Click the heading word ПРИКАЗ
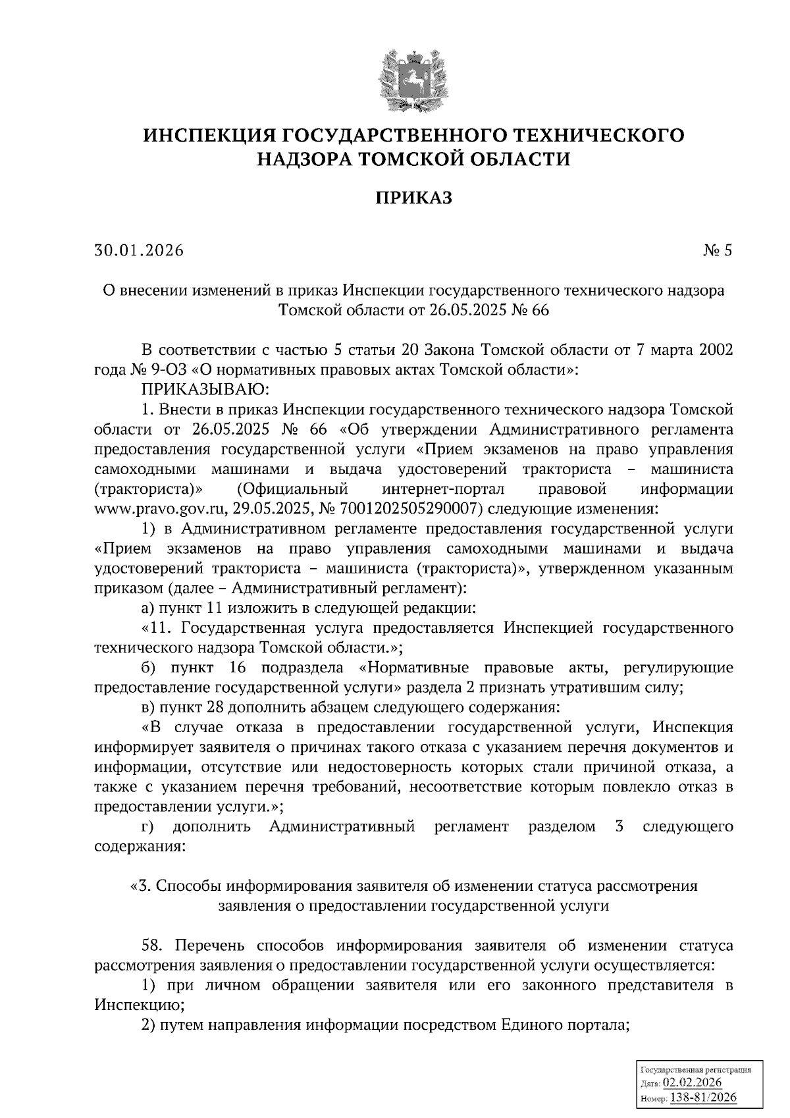pyautogui.click(x=414, y=198)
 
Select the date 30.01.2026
pyautogui.click(x=139, y=250)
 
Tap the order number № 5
pyautogui.click(x=717, y=250)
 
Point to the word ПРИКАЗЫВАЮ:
pyautogui.click(x=203, y=390)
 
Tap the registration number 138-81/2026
pyautogui.click(x=703, y=1098)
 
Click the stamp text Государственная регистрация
pyautogui.click(x=695, y=1071)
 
